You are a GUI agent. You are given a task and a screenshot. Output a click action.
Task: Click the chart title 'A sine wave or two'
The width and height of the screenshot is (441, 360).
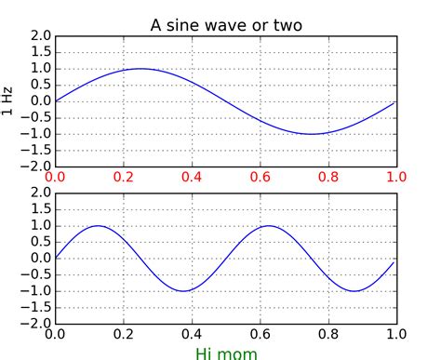(x=226, y=25)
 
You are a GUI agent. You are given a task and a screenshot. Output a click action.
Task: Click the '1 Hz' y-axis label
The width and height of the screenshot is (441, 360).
(x=7, y=101)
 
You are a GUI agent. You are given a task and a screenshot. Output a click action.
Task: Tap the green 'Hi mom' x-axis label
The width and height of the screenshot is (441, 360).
(x=226, y=353)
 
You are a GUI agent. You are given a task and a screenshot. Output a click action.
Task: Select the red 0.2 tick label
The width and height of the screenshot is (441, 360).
(x=124, y=177)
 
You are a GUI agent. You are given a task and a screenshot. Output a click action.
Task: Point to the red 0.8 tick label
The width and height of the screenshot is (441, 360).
(x=328, y=177)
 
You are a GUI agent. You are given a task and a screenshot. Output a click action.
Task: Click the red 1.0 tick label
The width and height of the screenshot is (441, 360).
(x=396, y=177)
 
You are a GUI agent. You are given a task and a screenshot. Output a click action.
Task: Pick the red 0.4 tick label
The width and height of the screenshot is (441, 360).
(x=192, y=177)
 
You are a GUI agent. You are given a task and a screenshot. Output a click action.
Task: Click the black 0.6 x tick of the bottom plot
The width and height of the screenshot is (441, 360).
(x=261, y=334)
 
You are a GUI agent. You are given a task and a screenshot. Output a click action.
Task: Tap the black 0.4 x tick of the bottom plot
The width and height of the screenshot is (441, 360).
(x=192, y=334)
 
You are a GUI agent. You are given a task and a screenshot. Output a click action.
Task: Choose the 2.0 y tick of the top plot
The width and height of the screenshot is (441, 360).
(x=41, y=36)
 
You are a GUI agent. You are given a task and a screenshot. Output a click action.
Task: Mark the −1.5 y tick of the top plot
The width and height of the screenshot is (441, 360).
(x=36, y=151)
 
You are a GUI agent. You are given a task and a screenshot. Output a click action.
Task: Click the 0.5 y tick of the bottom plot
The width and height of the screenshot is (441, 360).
(x=41, y=242)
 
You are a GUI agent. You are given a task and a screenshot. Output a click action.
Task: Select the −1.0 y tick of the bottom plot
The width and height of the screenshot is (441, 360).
(x=36, y=291)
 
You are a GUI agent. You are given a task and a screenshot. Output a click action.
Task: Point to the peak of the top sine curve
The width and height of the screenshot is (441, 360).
(x=140, y=69)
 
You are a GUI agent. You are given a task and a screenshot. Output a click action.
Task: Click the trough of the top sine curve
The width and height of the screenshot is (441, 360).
(x=312, y=134)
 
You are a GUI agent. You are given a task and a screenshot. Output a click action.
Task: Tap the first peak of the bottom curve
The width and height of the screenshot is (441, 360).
(x=98, y=226)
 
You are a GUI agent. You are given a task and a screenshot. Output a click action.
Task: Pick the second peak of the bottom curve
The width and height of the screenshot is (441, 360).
(x=269, y=226)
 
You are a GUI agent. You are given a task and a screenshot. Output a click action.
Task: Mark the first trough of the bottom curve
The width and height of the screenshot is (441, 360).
(x=183, y=291)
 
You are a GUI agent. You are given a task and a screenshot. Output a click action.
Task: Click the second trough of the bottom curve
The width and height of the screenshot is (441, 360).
(x=354, y=291)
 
